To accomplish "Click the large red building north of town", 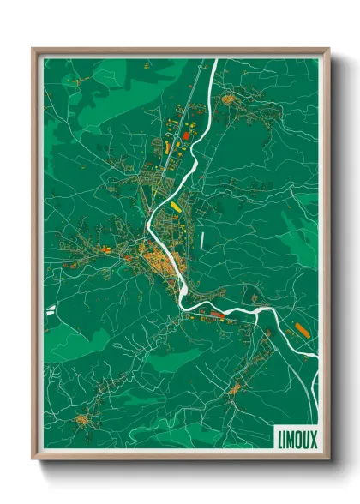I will [186, 135].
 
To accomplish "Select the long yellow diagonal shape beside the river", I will [177, 207].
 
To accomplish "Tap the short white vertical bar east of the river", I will [202, 241].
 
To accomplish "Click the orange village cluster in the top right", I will [230, 99].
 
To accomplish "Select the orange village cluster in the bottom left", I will [82, 420].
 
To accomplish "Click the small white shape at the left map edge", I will [51, 309].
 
